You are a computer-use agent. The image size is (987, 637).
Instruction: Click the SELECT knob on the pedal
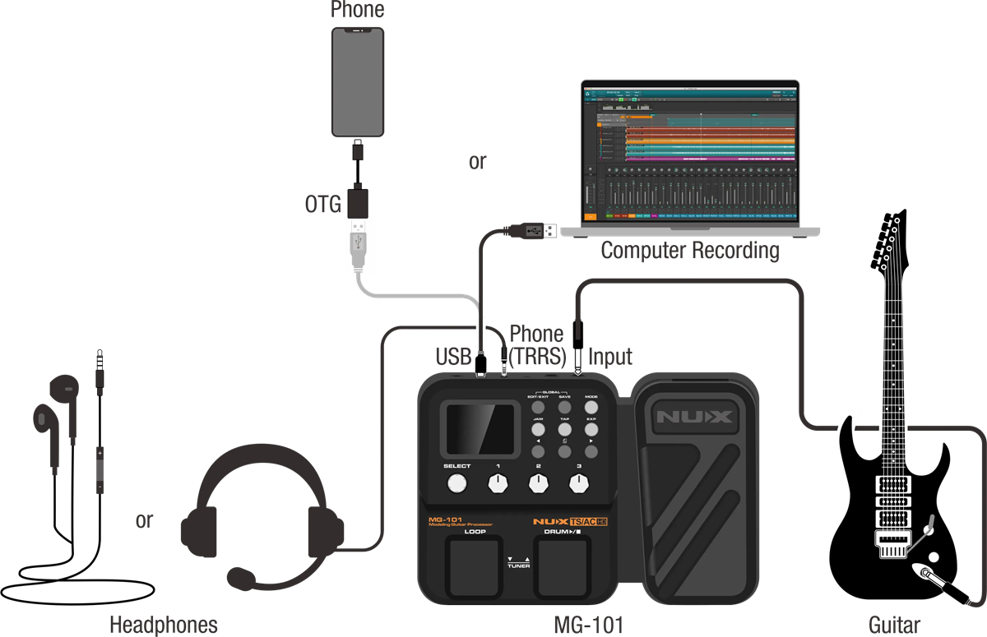456,484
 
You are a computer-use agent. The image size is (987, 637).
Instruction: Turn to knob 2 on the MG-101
538,484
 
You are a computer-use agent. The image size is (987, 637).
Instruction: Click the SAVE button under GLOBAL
565,408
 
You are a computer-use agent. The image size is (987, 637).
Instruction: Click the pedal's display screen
480,429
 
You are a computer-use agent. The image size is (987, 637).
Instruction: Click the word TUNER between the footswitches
518,565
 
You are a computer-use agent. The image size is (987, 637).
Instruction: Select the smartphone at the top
358,81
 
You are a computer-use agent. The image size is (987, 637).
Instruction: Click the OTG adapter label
322,204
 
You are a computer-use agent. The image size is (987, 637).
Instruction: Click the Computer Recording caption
690,250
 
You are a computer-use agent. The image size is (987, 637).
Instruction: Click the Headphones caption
164,625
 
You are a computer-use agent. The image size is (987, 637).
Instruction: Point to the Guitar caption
894,625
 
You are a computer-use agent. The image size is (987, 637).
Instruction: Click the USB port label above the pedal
453,357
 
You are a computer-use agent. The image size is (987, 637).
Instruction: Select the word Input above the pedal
609,357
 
